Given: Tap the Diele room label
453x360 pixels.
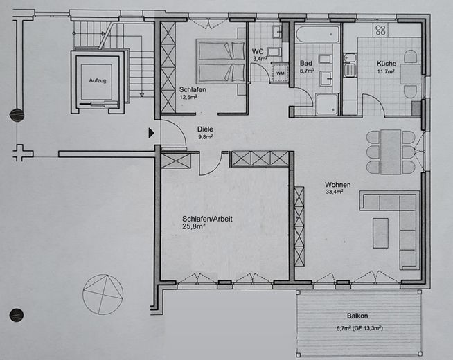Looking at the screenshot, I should pos(205,129).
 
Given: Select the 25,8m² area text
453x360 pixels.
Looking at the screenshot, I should pos(197,226).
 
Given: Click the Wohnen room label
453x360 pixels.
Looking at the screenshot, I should pos(338,185).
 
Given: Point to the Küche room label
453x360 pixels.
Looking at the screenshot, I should pos(387,62).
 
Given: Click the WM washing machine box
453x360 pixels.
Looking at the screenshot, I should pos(281,73).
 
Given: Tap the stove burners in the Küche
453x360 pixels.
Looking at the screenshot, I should pos(380,30).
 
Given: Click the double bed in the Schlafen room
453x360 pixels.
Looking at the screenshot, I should pos(221,62).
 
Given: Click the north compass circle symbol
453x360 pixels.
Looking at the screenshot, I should pos(103,294).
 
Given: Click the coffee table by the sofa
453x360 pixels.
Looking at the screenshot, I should pos(381,233).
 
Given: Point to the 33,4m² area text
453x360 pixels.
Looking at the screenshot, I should pos(336,194).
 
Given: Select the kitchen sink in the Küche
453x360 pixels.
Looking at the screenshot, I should pos(350,69).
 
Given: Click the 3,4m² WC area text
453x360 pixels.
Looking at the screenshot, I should pos(260,60).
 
